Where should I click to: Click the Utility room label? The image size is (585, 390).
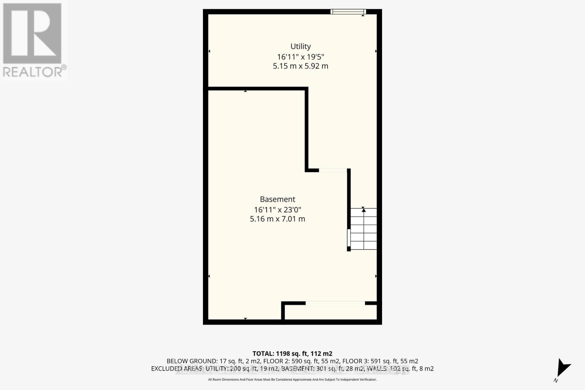tap(301, 46)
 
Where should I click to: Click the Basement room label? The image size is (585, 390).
tap(278, 199)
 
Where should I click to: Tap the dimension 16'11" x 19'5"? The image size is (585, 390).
tap(301, 57)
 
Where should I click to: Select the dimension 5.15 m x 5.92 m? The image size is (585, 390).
tap(301, 66)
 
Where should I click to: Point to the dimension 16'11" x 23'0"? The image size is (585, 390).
tap(278, 210)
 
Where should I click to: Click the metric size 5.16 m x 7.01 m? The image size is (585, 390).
tap(278, 219)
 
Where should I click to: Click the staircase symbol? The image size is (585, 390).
tap(363, 229)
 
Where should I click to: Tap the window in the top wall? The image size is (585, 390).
tap(348, 12)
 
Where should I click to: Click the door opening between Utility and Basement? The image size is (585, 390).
tap(333, 170)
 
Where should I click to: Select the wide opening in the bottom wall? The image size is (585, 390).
tap(335, 303)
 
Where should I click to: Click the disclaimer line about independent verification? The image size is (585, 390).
tap(292, 380)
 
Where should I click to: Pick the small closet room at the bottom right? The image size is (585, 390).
tap(331, 312)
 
